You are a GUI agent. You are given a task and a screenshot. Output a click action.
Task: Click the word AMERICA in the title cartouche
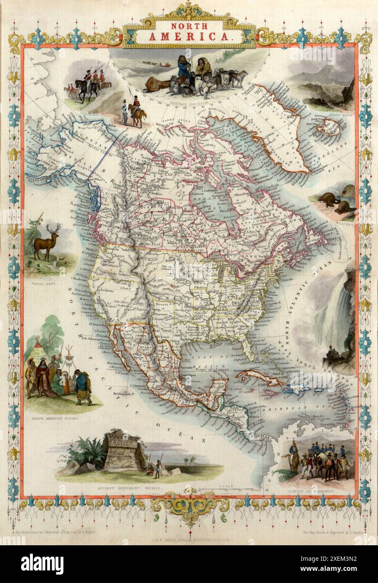[x=189, y=36]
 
